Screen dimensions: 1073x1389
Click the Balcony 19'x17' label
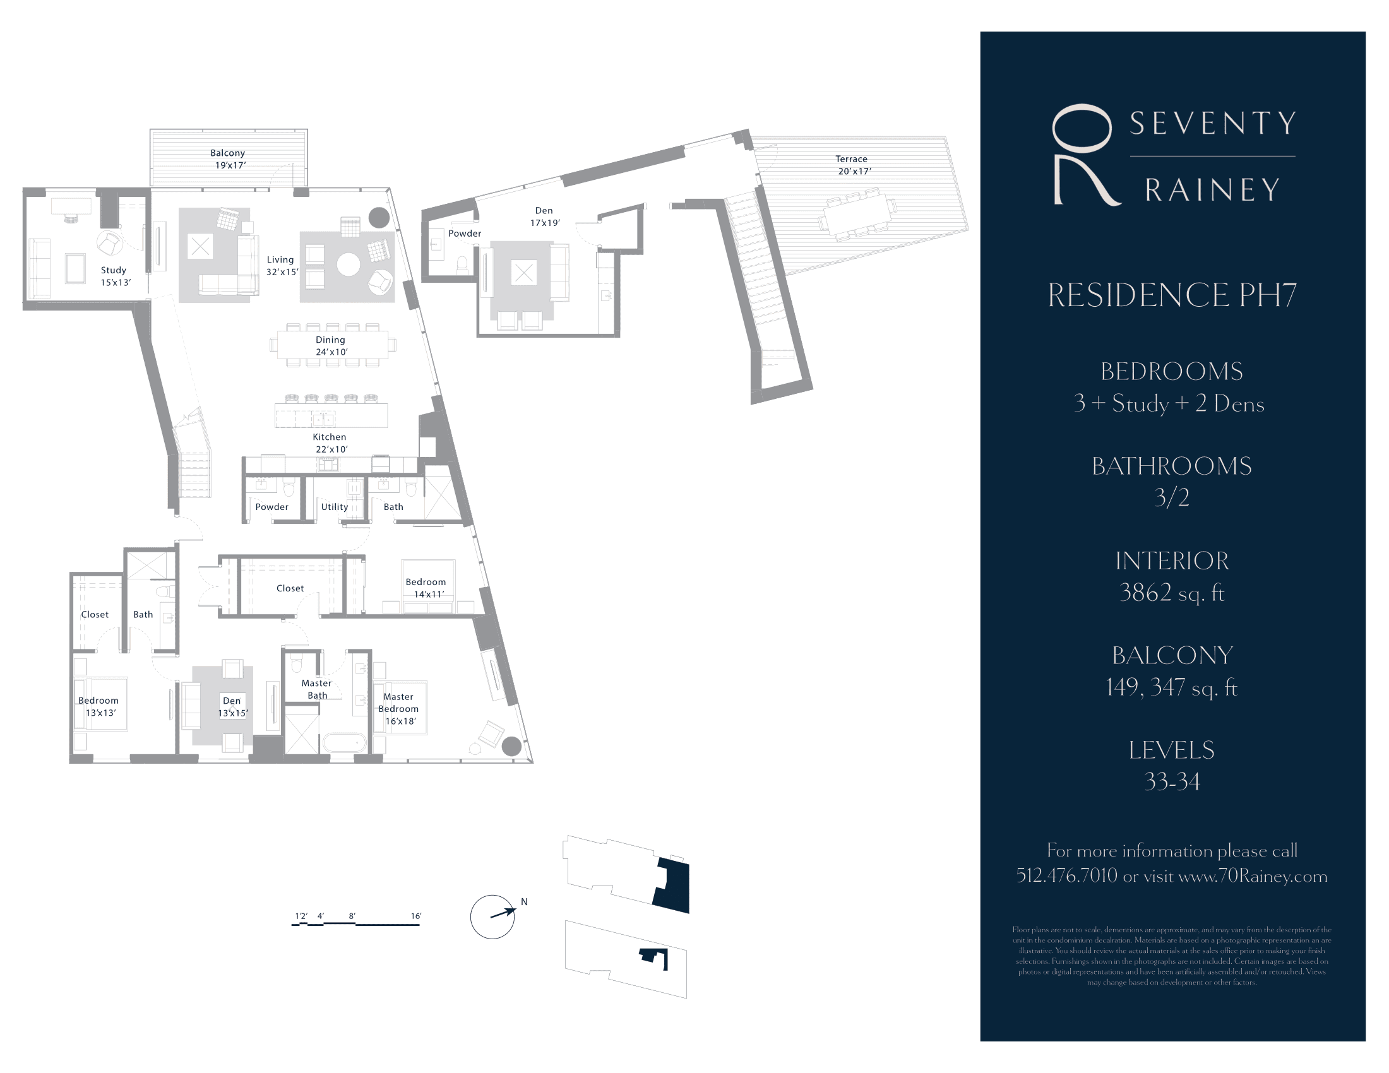[x=229, y=159]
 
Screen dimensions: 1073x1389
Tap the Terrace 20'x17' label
[x=852, y=165]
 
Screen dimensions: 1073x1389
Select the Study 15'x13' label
[x=114, y=276]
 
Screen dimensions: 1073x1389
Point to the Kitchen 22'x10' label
[x=330, y=443]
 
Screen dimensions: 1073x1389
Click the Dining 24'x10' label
[x=331, y=346]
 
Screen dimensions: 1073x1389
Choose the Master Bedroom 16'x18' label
[x=399, y=709]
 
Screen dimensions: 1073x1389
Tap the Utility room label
[x=335, y=507]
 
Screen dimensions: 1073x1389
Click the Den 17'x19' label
[x=544, y=216]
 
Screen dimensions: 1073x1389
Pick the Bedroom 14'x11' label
[x=426, y=588]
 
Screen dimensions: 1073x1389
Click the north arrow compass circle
[x=492, y=916]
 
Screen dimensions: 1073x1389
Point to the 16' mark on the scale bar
[x=416, y=916]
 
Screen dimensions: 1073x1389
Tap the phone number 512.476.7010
[x=1066, y=876]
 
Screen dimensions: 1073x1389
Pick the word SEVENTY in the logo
[x=1212, y=124]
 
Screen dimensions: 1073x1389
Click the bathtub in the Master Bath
[x=344, y=743]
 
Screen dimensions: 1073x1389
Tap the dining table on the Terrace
[x=857, y=214]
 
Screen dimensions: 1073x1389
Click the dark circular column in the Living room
[x=379, y=217]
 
